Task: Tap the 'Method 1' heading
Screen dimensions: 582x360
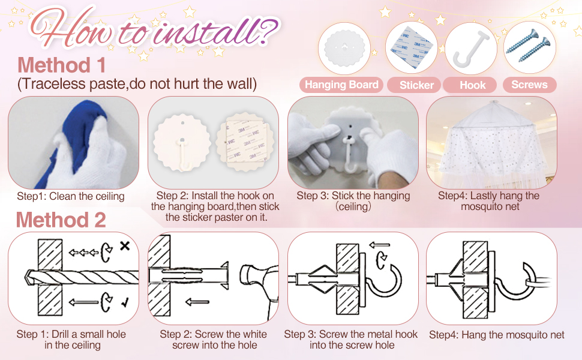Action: click(62, 65)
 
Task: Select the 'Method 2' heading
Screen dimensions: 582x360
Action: click(61, 220)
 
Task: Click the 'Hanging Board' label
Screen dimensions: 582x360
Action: click(341, 85)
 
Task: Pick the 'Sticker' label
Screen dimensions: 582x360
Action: click(416, 85)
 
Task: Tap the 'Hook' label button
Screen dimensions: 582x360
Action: click(473, 85)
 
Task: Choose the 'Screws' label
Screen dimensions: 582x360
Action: click(529, 85)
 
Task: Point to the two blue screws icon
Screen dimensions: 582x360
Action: click(528, 45)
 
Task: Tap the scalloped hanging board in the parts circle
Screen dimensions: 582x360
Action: click(344, 48)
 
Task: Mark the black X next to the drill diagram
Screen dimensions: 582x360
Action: click(125, 245)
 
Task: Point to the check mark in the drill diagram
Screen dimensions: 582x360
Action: click(125, 303)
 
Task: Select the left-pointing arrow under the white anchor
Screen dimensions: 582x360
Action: click(197, 302)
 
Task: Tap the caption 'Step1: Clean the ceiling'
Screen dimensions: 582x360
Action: click(71, 196)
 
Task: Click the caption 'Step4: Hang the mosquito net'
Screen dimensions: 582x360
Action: click(497, 335)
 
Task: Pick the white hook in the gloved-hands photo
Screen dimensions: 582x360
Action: click(350, 155)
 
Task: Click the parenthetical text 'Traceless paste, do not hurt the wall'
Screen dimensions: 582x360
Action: click(137, 84)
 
